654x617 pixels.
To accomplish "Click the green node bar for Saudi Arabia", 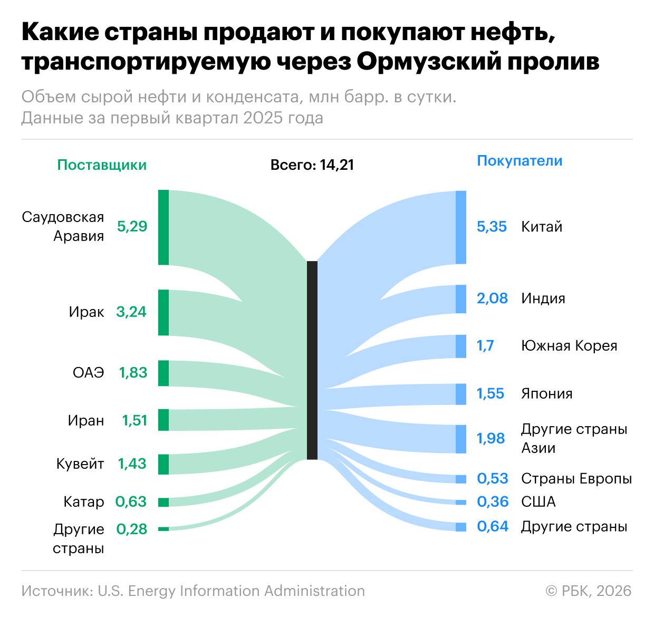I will point(163,227).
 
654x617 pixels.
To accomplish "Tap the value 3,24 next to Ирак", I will point(131,312).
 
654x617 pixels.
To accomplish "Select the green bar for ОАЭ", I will point(163,373).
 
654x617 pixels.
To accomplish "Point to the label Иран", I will point(86,421).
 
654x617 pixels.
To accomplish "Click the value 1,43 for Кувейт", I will point(132,464).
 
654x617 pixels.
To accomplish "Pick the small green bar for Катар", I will point(163,502).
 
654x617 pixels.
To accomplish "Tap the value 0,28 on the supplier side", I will point(132,529).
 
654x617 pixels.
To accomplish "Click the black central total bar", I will point(312,360).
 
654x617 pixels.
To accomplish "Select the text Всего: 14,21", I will point(312,165).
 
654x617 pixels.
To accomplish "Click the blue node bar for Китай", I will point(461,227).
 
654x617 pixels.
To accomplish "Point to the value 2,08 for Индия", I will point(492,298).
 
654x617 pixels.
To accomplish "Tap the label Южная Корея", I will point(569,346).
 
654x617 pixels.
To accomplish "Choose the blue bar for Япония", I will point(461,394).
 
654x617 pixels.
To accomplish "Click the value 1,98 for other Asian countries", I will point(491,439).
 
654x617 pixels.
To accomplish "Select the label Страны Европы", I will point(576,479).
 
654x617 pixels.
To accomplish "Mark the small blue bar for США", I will point(461,502).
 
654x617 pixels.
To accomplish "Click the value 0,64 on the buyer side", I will point(493,526).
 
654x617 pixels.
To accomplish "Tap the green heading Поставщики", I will point(102,165).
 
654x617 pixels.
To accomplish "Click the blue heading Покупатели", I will point(520,161).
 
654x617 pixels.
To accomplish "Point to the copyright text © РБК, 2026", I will point(588,591).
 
